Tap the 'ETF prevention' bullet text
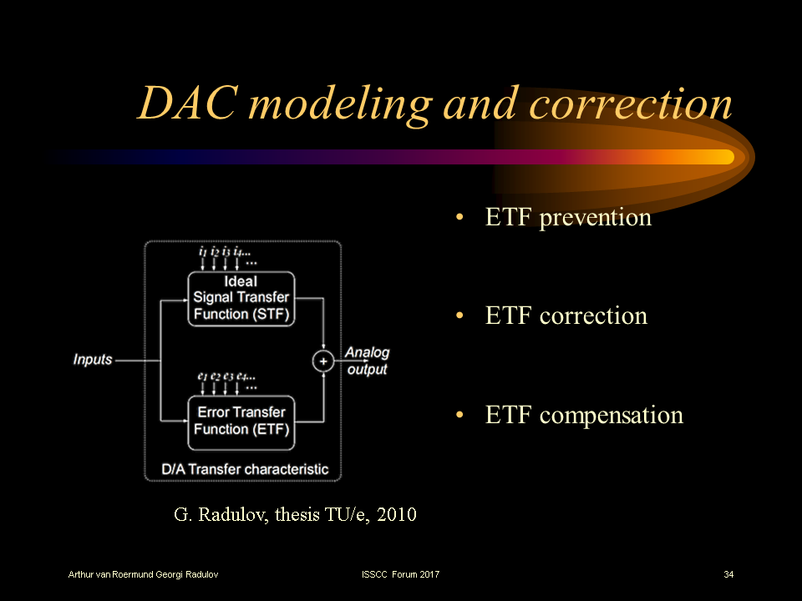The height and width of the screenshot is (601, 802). [568, 218]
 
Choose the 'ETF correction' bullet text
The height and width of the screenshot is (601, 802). [566, 316]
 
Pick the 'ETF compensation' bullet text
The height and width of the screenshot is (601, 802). [584, 415]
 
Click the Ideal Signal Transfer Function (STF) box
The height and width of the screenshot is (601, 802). [241, 298]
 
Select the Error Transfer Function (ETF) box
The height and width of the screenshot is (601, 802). [241, 421]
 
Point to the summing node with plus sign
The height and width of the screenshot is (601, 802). [323, 361]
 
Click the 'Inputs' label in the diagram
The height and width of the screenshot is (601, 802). [93, 360]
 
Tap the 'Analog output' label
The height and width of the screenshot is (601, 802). [367, 361]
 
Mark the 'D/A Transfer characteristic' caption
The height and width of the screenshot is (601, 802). [245, 469]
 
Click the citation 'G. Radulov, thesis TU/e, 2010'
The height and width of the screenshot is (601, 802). [295, 514]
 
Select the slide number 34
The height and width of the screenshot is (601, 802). [728, 575]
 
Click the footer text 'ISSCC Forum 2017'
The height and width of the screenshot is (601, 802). [400, 575]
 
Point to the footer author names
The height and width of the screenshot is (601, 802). [144, 575]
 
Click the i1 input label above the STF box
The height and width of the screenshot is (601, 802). [202, 251]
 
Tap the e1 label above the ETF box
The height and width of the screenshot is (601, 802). [202, 377]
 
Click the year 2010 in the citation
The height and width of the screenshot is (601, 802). [397, 514]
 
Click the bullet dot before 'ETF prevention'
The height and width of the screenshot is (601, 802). [459, 219]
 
